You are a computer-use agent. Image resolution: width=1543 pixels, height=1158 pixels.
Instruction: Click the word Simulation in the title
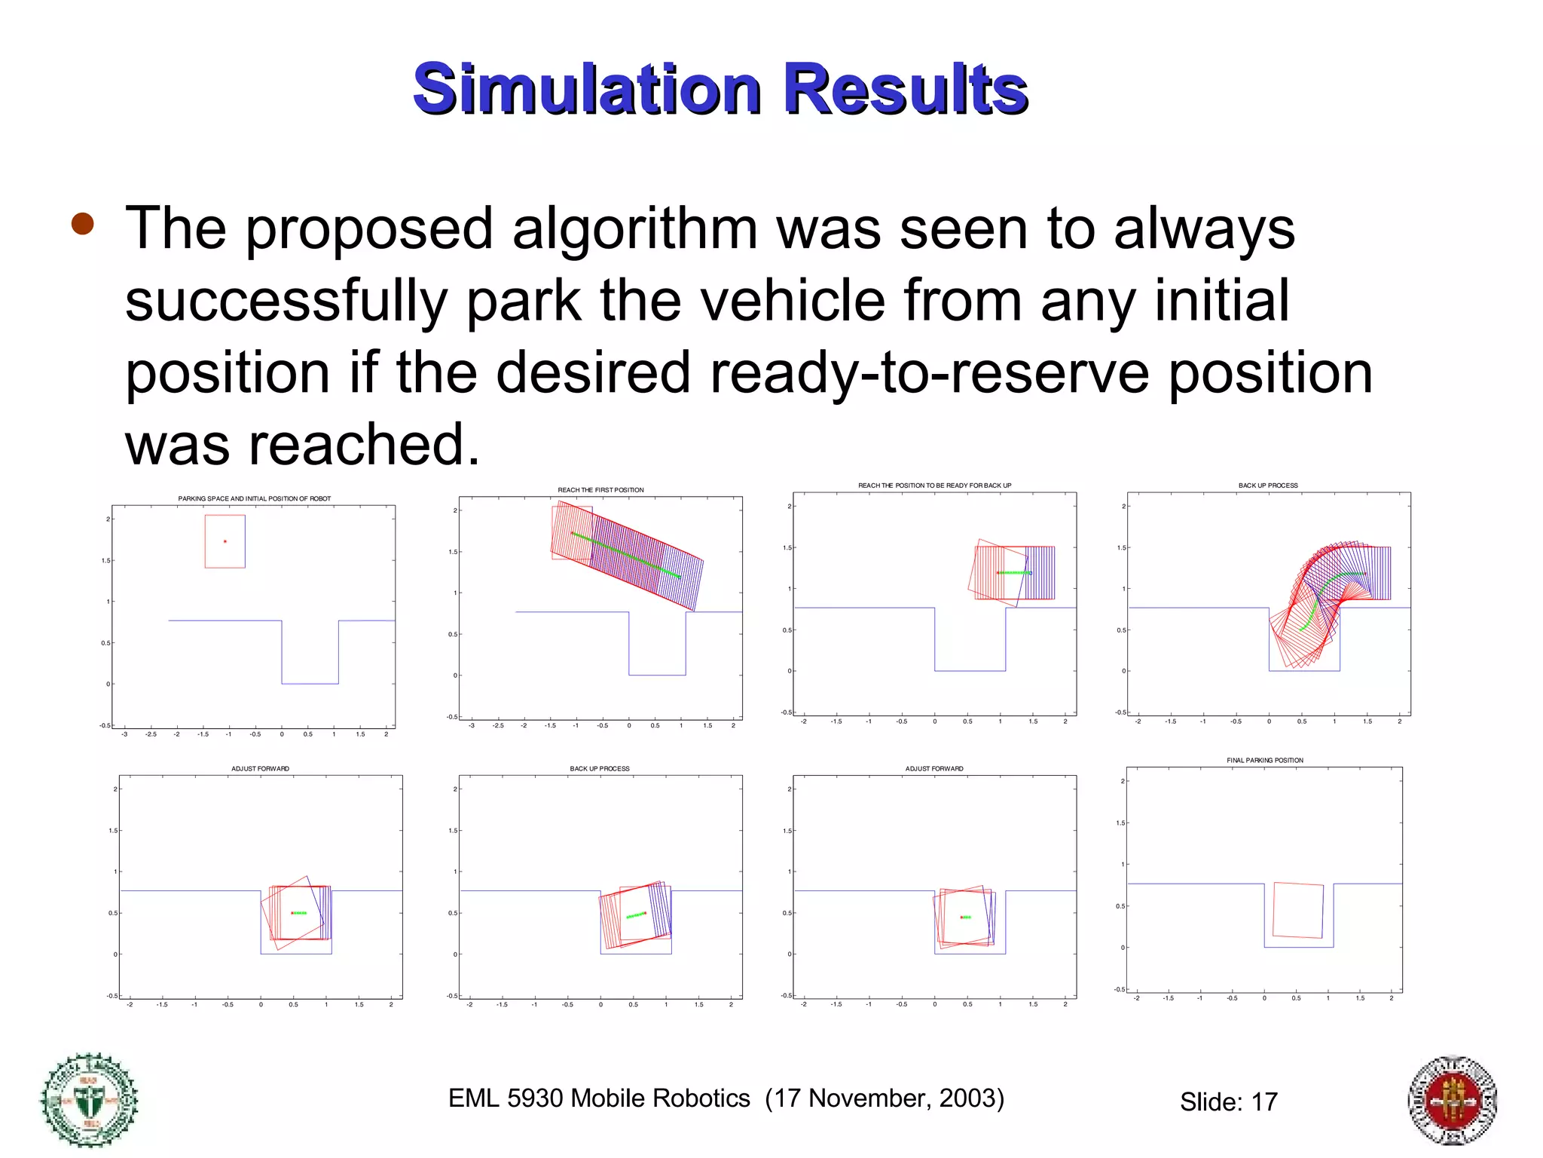[588, 89]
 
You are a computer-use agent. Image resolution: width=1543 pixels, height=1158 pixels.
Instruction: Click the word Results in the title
[906, 89]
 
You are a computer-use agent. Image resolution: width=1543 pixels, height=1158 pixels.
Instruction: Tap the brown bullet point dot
[82, 224]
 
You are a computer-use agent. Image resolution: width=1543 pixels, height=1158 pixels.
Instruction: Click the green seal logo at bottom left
[90, 1099]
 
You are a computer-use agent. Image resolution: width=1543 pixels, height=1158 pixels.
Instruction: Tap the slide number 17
[1264, 1102]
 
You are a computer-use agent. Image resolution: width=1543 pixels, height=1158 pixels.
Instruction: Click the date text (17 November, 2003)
[885, 1098]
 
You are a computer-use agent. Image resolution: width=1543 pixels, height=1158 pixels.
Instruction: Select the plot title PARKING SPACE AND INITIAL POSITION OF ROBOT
[254, 498]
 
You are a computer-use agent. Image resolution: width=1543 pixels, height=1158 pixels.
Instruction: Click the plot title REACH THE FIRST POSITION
[600, 490]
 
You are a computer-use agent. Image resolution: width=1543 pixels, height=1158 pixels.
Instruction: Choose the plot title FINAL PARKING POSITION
[1264, 760]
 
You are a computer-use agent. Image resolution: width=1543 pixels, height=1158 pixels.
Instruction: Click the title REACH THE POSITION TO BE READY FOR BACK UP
[934, 486]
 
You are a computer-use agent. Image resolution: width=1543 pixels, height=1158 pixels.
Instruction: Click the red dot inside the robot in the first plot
[225, 541]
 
